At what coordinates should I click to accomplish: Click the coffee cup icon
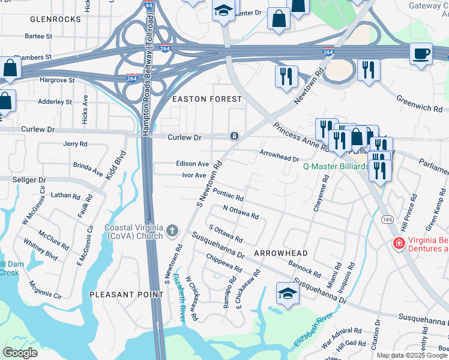(x=421, y=53)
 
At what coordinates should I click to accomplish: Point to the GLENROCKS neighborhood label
(x=55, y=19)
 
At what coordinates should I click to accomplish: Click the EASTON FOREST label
(x=207, y=98)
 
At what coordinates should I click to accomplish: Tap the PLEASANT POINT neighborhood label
(x=126, y=295)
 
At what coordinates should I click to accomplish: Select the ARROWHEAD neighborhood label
(x=280, y=254)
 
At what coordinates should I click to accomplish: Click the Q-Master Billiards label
(x=336, y=166)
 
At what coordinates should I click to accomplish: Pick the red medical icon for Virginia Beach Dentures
(x=397, y=243)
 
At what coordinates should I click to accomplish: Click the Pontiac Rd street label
(x=228, y=196)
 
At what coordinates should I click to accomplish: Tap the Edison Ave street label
(x=192, y=163)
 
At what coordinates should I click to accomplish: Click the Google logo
(x=20, y=353)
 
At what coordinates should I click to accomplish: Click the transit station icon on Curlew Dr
(x=234, y=136)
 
